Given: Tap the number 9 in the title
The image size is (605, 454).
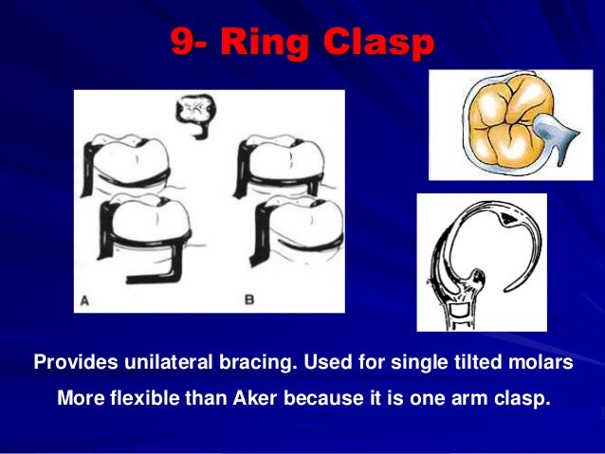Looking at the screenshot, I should coord(182,43).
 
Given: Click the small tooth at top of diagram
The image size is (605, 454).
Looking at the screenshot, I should coord(196,111).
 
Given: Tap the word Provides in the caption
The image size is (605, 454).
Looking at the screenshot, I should coord(73,363).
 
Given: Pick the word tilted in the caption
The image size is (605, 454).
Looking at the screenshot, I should coord(482,363).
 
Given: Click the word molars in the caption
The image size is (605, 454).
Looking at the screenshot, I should coord(543,363).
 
